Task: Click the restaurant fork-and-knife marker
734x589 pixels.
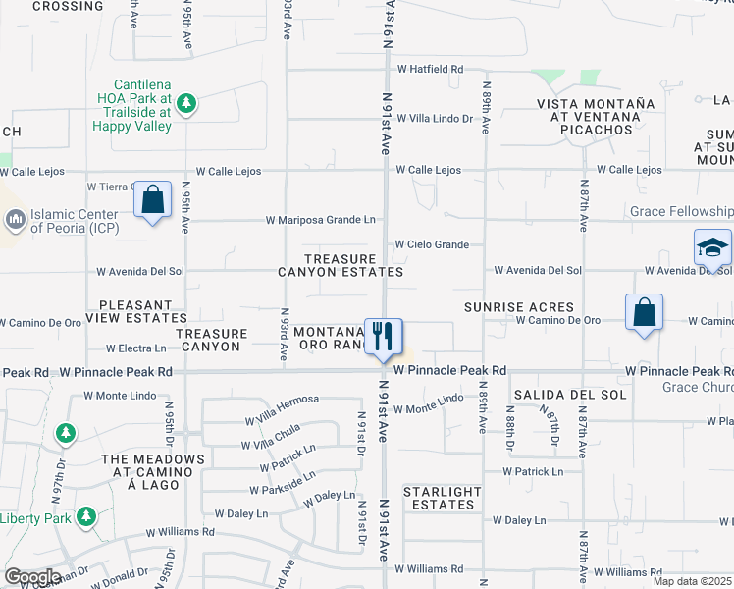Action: point(384,336)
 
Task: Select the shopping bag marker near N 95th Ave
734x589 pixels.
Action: point(152,200)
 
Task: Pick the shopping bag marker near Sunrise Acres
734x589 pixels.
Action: point(644,313)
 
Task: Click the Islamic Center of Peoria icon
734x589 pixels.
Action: point(16,219)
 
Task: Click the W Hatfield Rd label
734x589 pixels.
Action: point(430,70)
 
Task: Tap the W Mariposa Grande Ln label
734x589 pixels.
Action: point(321,220)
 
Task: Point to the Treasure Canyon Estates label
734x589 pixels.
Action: point(341,265)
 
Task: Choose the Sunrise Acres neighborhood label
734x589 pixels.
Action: point(504,307)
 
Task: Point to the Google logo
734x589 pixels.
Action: point(32,577)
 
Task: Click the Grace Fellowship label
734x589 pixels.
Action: point(681,211)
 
